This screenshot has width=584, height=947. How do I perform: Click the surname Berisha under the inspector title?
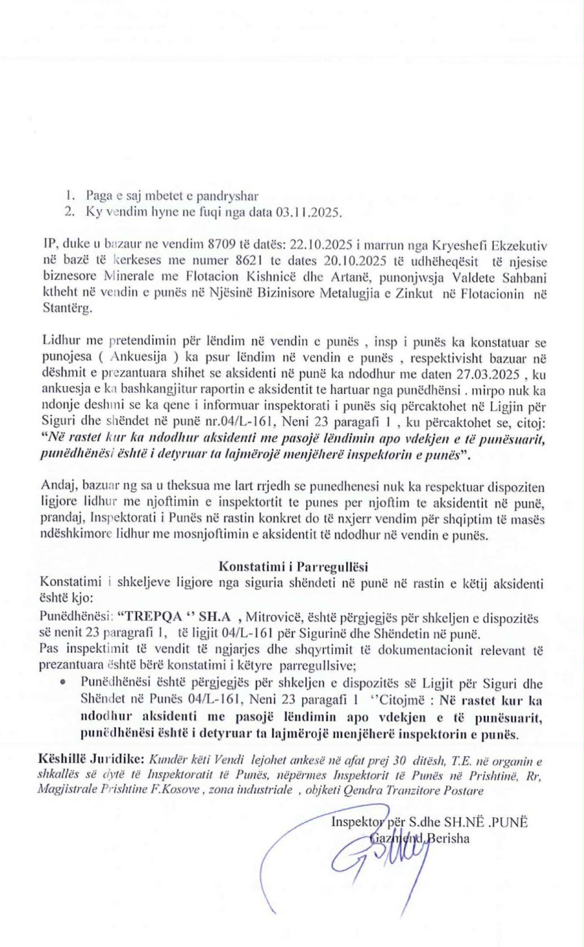(x=448, y=838)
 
